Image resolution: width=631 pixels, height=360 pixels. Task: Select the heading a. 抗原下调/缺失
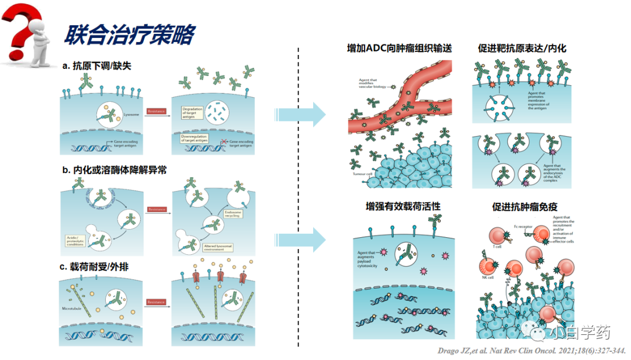(x=97, y=66)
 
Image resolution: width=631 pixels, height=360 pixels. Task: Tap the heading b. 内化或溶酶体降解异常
(x=115, y=170)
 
